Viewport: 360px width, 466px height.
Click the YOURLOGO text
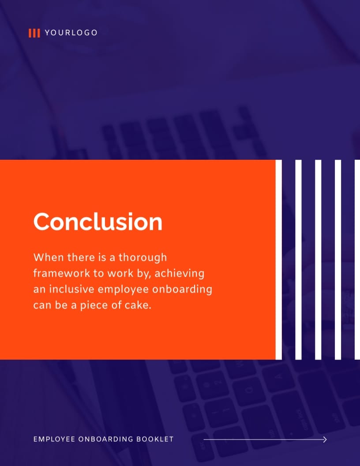[71, 33]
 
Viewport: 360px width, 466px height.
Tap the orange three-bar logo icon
[34, 33]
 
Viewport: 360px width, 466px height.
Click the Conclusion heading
[98, 222]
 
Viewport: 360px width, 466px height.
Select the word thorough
[143, 257]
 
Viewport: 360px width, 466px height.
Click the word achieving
[180, 273]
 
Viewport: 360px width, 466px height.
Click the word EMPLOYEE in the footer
[53, 439]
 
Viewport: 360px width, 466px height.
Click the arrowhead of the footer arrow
[325, 439]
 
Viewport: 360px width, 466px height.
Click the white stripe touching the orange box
[278, 259]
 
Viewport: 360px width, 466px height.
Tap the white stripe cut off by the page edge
[357, 259]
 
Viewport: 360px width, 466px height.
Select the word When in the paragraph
[45, 257]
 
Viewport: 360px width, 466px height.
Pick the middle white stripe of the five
[318, 259]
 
